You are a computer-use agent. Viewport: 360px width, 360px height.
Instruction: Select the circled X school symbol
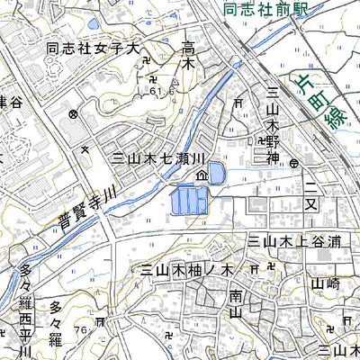(x=73, y=115)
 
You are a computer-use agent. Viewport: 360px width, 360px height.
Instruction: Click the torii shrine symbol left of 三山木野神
(x=259, y=141)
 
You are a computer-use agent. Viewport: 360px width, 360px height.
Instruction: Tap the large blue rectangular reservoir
(x=188, y=199)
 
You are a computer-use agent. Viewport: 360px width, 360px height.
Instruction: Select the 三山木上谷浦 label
(x=294, y=241)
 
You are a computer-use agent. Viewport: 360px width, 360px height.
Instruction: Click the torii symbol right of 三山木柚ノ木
(x=254, y=268)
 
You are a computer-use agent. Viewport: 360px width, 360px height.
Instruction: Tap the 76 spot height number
(x=82, y=330)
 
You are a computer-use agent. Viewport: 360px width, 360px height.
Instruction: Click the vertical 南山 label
(x=235, y=303)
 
